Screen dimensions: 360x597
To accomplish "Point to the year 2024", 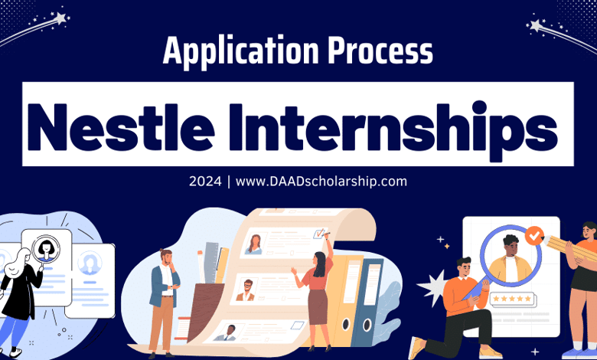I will (204, 182).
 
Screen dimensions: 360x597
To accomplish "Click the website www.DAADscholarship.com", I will (321, 182).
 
